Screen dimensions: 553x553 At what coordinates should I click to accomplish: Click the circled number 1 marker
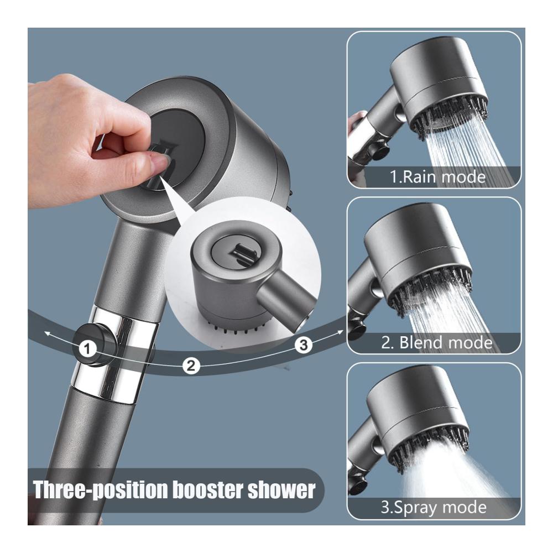pos(87,349)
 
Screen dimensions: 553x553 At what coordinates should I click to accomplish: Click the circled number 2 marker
pos(191,366)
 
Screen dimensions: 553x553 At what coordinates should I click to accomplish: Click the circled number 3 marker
pos(304,345)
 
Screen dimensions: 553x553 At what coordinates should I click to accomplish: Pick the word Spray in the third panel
pos(415,508)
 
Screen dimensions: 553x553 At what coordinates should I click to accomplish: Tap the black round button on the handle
pos(95,345)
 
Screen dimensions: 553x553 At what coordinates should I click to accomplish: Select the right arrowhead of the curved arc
pos(340,331)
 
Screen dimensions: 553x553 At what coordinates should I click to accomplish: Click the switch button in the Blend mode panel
pos(356,328)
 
